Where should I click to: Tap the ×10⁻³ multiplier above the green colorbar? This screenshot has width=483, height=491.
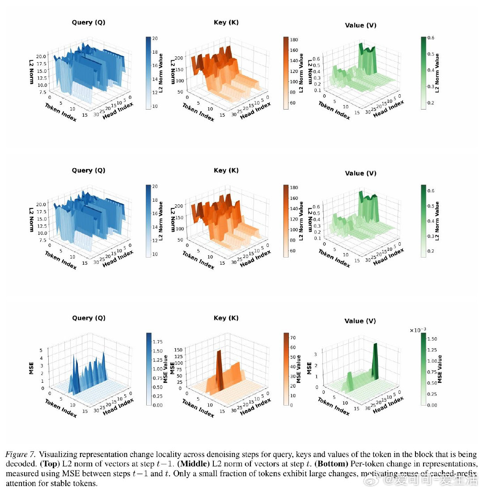pos(418,330)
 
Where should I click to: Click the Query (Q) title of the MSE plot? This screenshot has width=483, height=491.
pos(89,318)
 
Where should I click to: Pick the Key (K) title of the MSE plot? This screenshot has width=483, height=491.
pos(226,318)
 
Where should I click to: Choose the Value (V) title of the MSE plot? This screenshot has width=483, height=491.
pos(360,321)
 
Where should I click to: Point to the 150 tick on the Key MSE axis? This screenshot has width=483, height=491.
pos(178,350)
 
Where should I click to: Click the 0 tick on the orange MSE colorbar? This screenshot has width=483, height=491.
pos(291,405)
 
